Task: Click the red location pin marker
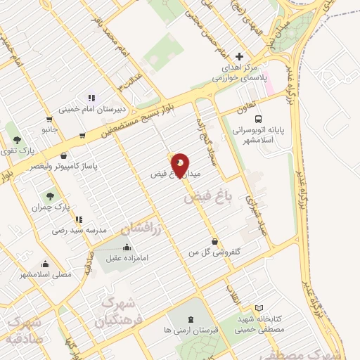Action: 180,165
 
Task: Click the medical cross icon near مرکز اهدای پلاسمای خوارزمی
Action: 240,56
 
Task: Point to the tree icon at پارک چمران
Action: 50,196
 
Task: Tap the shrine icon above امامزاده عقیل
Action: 127,247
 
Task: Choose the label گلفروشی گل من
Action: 214,252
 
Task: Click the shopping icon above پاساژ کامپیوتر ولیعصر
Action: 65,156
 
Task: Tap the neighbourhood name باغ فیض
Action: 202,198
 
